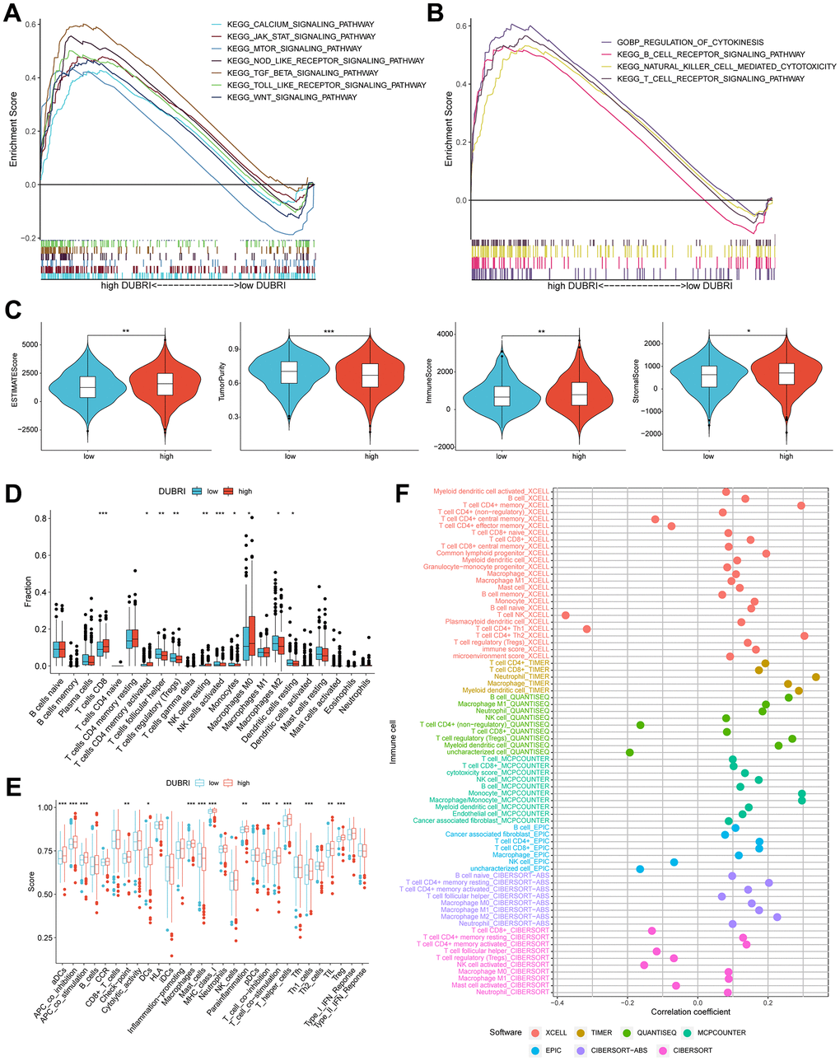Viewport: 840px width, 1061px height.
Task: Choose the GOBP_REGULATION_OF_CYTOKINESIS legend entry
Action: point(694,42)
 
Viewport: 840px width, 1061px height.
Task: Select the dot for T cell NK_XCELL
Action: point(566,615)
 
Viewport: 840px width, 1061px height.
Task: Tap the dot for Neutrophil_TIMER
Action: point(816,677)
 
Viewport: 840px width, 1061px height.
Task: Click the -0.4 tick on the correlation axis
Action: point(558,1001)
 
